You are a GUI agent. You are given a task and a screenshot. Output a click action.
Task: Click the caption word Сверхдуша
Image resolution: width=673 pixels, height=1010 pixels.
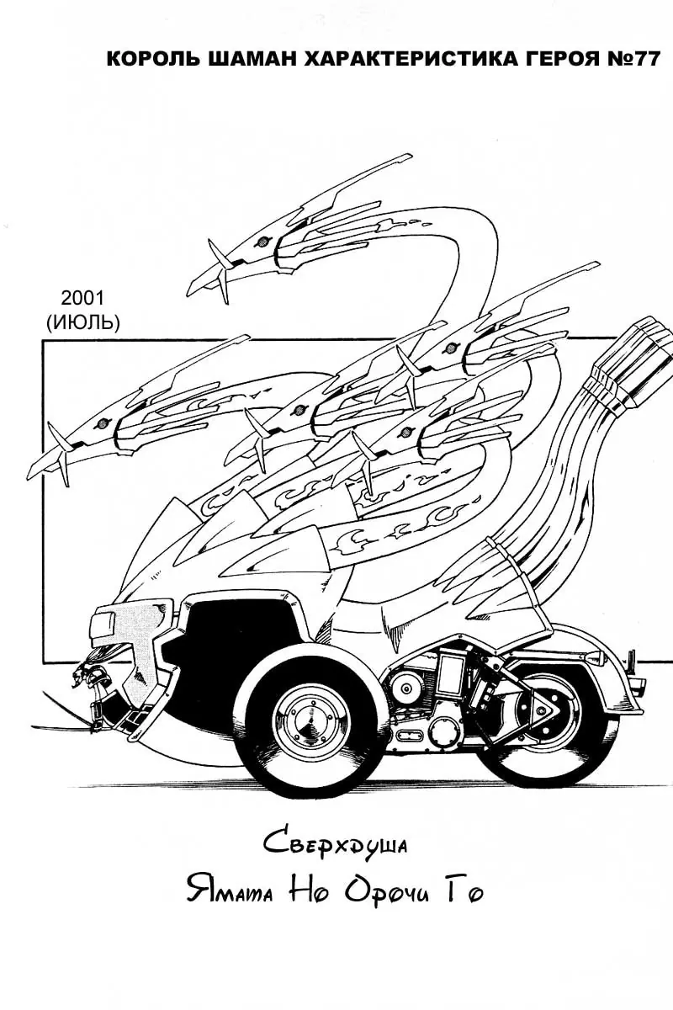pyautogui.click(x=335, y=844)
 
